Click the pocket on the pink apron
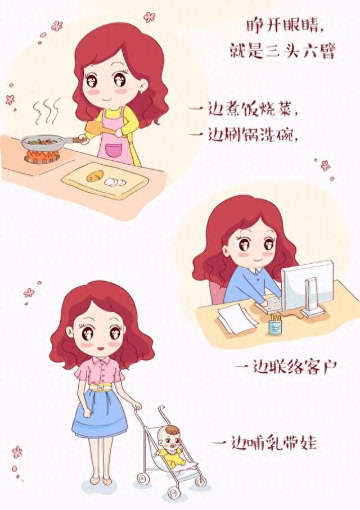113,150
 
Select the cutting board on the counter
105,181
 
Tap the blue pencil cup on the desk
275,326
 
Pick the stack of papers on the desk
237,318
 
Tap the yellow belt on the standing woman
100,387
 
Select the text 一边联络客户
285,368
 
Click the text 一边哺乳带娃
264,443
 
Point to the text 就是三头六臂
282,51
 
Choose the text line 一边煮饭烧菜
242,110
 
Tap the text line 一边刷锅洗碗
242,134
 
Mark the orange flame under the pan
42,155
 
